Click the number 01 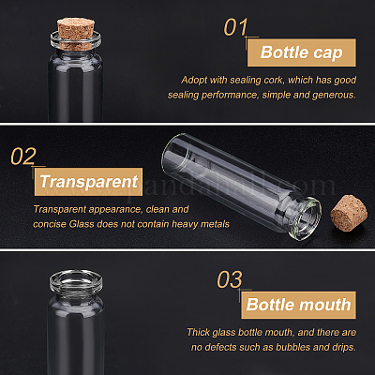[235, 27]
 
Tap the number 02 [23, 157]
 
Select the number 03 [230, 279]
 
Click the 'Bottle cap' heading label [302, 52]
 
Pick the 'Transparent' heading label [88, 182]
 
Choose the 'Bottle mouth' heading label [298, 305]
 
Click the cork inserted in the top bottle [76, 34]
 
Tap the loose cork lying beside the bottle [348, 213]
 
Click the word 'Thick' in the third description [199, 332]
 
